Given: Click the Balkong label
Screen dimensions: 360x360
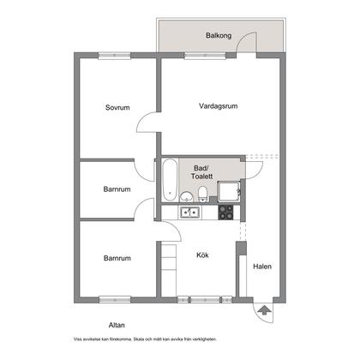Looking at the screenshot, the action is click(x=219, y=36).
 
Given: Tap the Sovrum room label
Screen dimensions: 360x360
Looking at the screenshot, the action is click(x=117, y=107).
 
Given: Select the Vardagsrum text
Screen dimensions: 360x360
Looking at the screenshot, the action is click(x=219, y=106).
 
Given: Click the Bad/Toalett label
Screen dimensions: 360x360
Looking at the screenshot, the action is click(x=201, y=172).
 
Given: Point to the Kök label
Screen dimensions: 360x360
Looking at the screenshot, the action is click(x=202, y=255).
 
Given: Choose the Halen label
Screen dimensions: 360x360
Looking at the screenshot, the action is click(x=262, y=267).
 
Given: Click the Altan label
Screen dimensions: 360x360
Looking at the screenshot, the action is click(x=117, y=325).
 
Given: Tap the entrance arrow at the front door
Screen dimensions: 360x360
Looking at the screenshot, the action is click(x=264, y=310).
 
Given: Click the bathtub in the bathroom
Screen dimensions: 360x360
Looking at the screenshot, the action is click(x=170, y=180).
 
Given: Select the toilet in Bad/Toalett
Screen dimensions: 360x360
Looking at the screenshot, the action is click(x=203, y=194).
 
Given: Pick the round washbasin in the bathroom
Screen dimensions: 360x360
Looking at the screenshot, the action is click(x=186, y=196).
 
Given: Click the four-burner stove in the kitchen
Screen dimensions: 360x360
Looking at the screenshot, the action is click(x=225, y=213).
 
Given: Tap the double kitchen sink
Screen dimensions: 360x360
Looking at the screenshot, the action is click(x=189, y=213).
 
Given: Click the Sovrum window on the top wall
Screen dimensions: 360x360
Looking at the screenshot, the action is click(x=115, y=56).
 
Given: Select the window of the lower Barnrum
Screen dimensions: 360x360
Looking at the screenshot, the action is click(x=115, y=300).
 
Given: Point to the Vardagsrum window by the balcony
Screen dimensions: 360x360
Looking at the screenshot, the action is click(x=205, y=56).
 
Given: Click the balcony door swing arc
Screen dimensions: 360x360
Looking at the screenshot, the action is click(x=244, y=37).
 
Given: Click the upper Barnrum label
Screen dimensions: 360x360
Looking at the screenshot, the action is click(x=117, y=189).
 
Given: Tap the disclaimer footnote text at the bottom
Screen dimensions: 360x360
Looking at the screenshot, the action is click(x=145, y=339).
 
